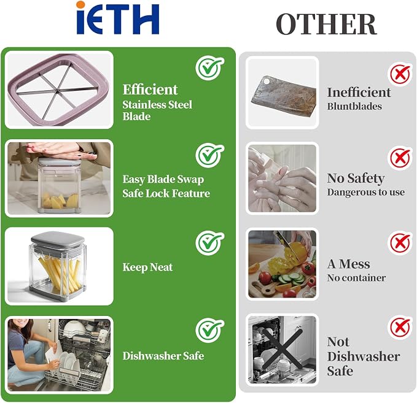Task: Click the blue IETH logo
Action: pos(117,18)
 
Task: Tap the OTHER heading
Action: pos(326,24)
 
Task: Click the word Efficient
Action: pos(150,90)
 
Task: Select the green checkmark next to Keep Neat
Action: pos(210,243)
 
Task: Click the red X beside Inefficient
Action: pos(400,74)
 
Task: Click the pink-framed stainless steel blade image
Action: pos(59,90)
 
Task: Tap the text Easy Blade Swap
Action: pos(163,179)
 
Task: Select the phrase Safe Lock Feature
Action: pos(166,193)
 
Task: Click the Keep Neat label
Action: pos(147,267)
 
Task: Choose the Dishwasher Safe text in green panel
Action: pos(163,356)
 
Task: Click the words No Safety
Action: pos(356,178)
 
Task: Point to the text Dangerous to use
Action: pos(366,192)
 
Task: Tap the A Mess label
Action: pos(349,264)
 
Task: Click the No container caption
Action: pos(356,278)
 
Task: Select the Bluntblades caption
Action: pos(354,106)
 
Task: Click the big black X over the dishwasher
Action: pos(283,349)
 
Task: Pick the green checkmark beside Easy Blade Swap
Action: pos(210,155)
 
